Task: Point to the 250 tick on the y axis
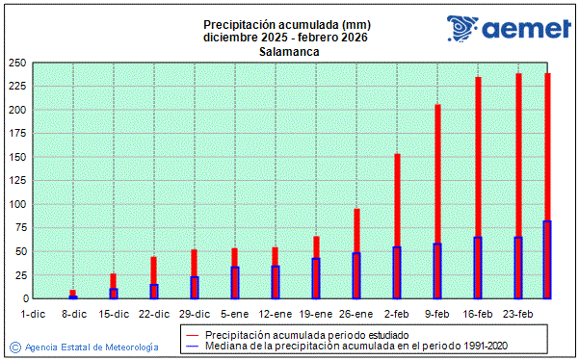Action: [x=16, y=63]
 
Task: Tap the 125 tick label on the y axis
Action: [x=16, y=181]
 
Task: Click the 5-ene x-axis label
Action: [x=234, y=314]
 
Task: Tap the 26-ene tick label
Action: [x=355, y=314]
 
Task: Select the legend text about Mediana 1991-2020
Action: [x=355, y=345]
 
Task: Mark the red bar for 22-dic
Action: [x=154, y=270]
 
